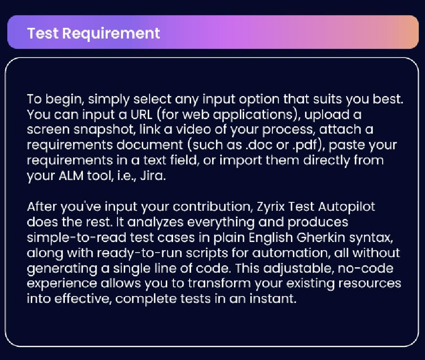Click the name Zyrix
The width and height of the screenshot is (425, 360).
269,206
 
